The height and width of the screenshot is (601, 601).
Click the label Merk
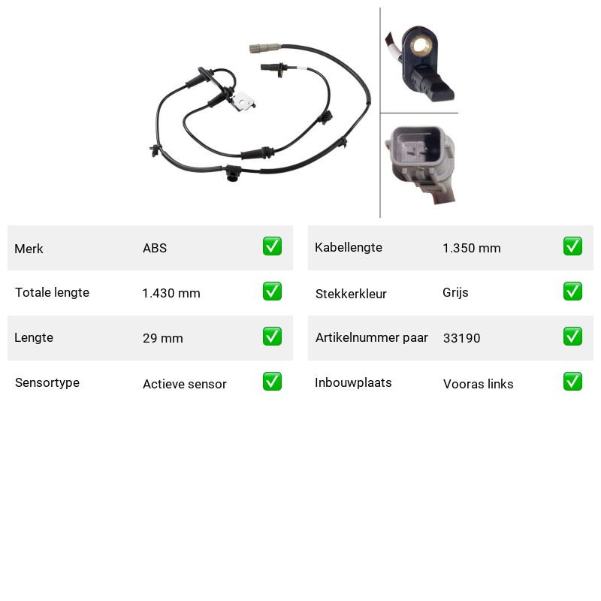tap(29, 249)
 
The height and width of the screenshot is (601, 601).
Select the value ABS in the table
tap(155, 248)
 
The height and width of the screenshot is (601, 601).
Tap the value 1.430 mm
tap(171, 293)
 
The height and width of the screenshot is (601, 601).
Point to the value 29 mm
tap(163, 338)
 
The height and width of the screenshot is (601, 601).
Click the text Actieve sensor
tap(185, 384)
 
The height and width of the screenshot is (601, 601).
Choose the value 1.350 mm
tap(472, 248)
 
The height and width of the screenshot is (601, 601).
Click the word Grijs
tap(455, 293)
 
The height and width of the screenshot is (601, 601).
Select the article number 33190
tap(461, 338)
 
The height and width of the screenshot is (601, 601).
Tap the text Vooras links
tap(479, 384)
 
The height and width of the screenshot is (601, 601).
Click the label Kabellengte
tap(349, 248)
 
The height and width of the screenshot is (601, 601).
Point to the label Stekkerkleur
tap(351, 294)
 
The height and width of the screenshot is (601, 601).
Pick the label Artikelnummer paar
tap(371, 337)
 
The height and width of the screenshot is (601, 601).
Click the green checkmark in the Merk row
tap(272, 246)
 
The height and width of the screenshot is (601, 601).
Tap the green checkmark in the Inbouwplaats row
tap(572, 382)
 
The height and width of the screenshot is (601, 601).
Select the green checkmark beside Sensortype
tap(272, 382)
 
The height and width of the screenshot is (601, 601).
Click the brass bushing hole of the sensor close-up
tap(421, 46)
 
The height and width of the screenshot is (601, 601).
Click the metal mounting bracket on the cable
tap(243, 101)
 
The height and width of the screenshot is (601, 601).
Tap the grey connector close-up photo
tap(421, 164)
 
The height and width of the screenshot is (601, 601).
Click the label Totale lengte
tap(52, 292)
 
